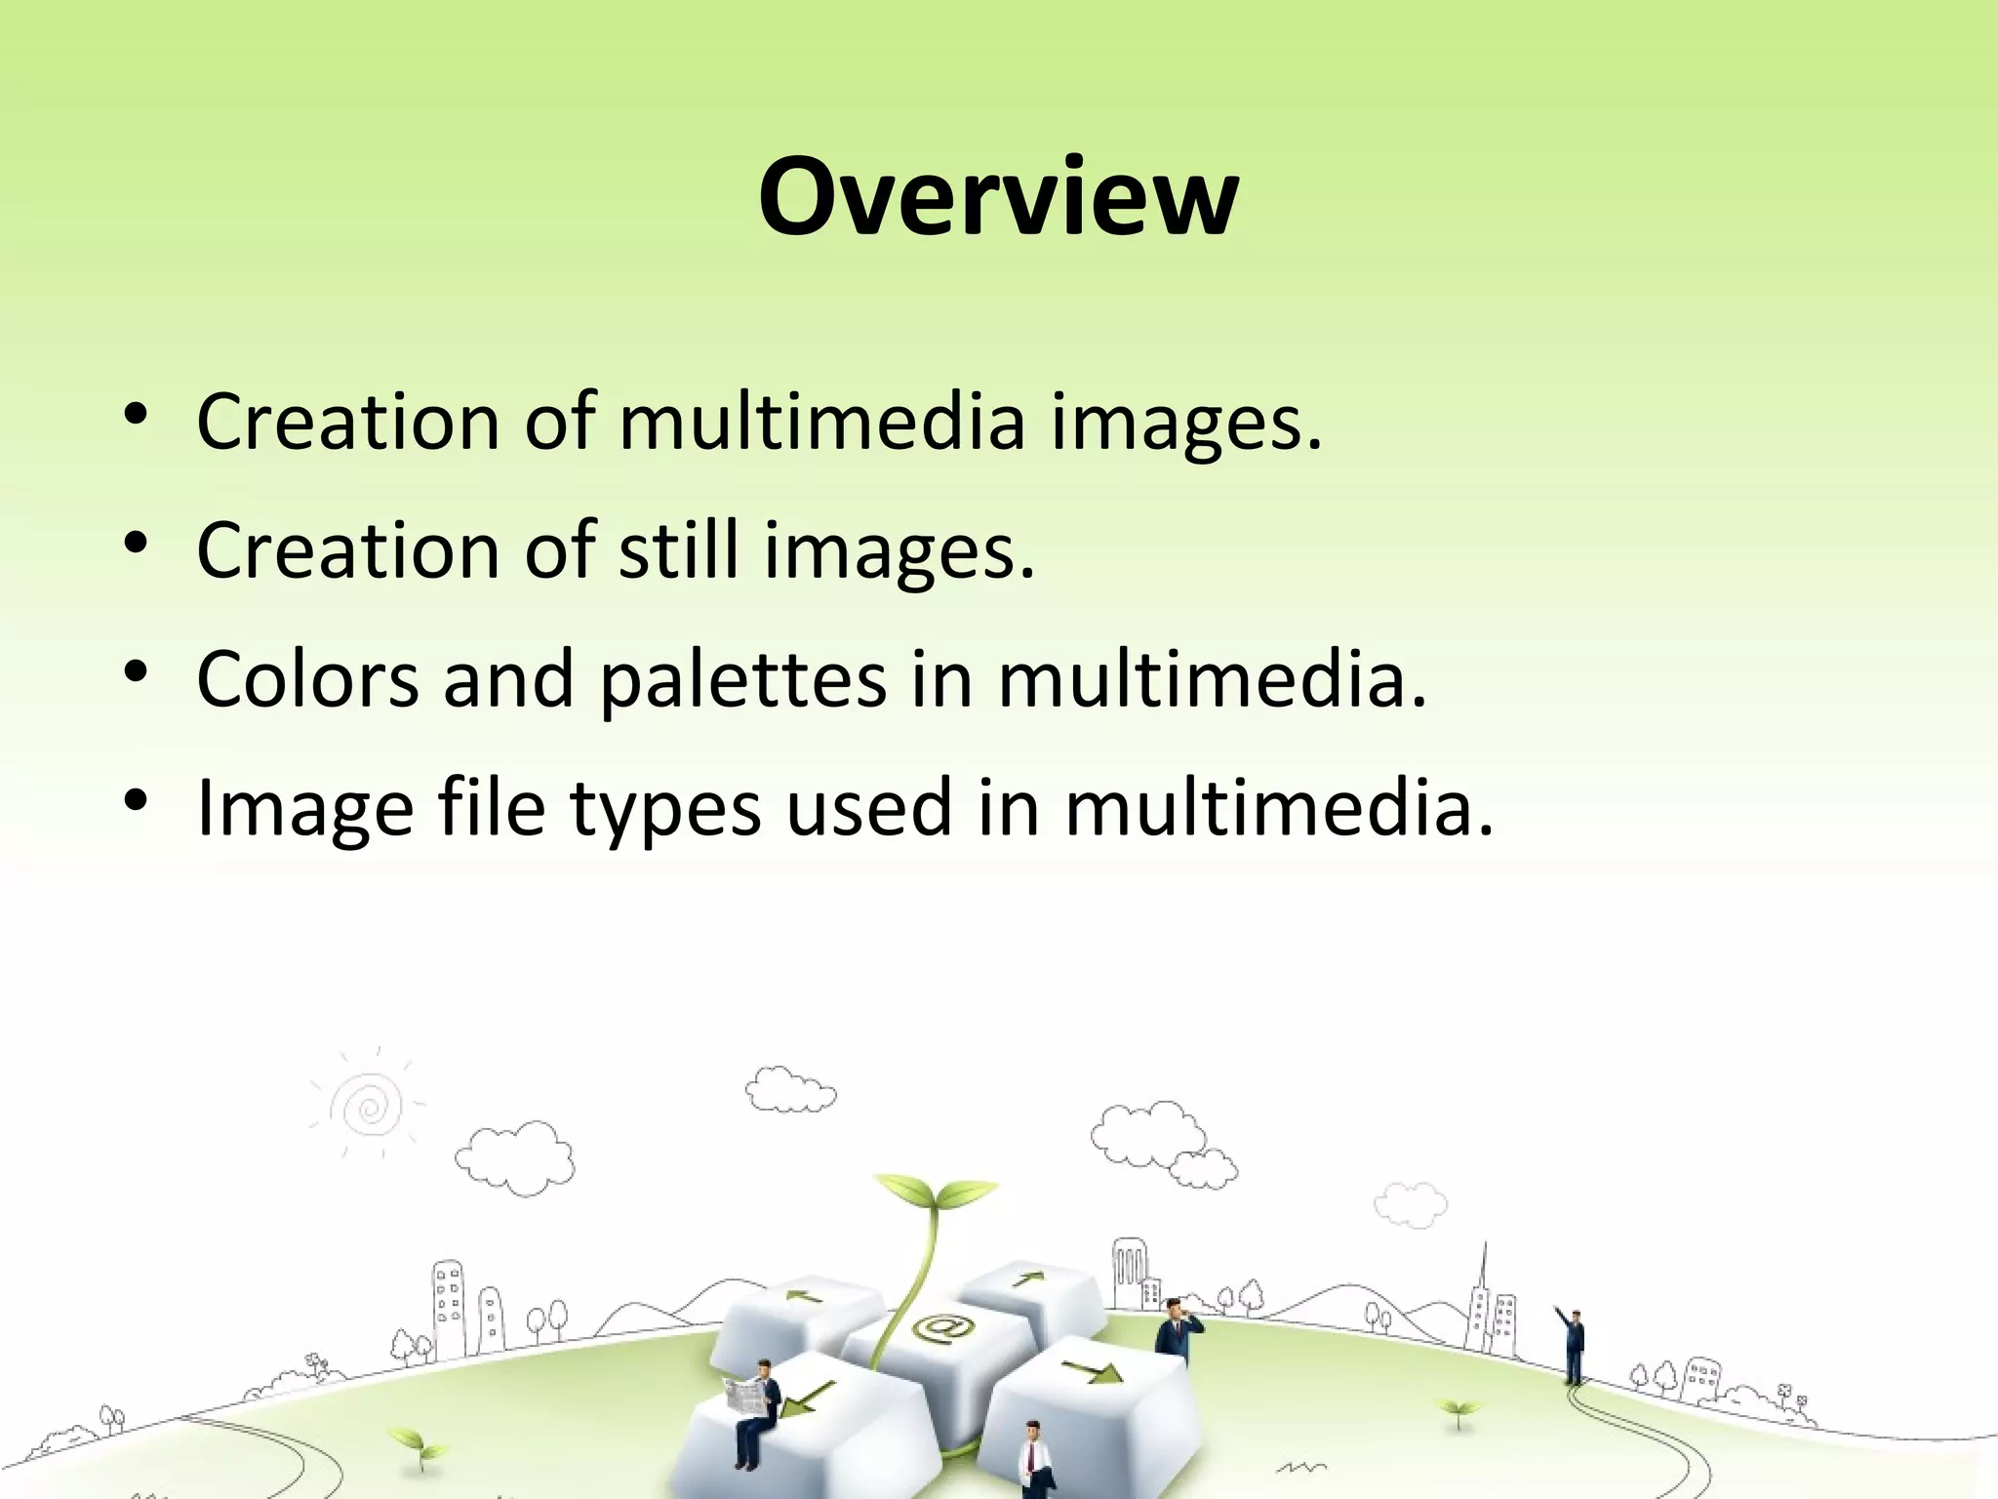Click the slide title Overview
pyautogui.click(x=998, y=197)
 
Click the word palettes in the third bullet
pyautogui.click(x=742, y=679)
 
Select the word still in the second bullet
pyautogui.click(x=678, y=550)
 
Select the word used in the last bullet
pyautogui.click(x=868, y=808)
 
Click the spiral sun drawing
pyautogui.click(x=368, y=1105)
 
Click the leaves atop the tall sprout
pyautogui.click(x=935, y=1194)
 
